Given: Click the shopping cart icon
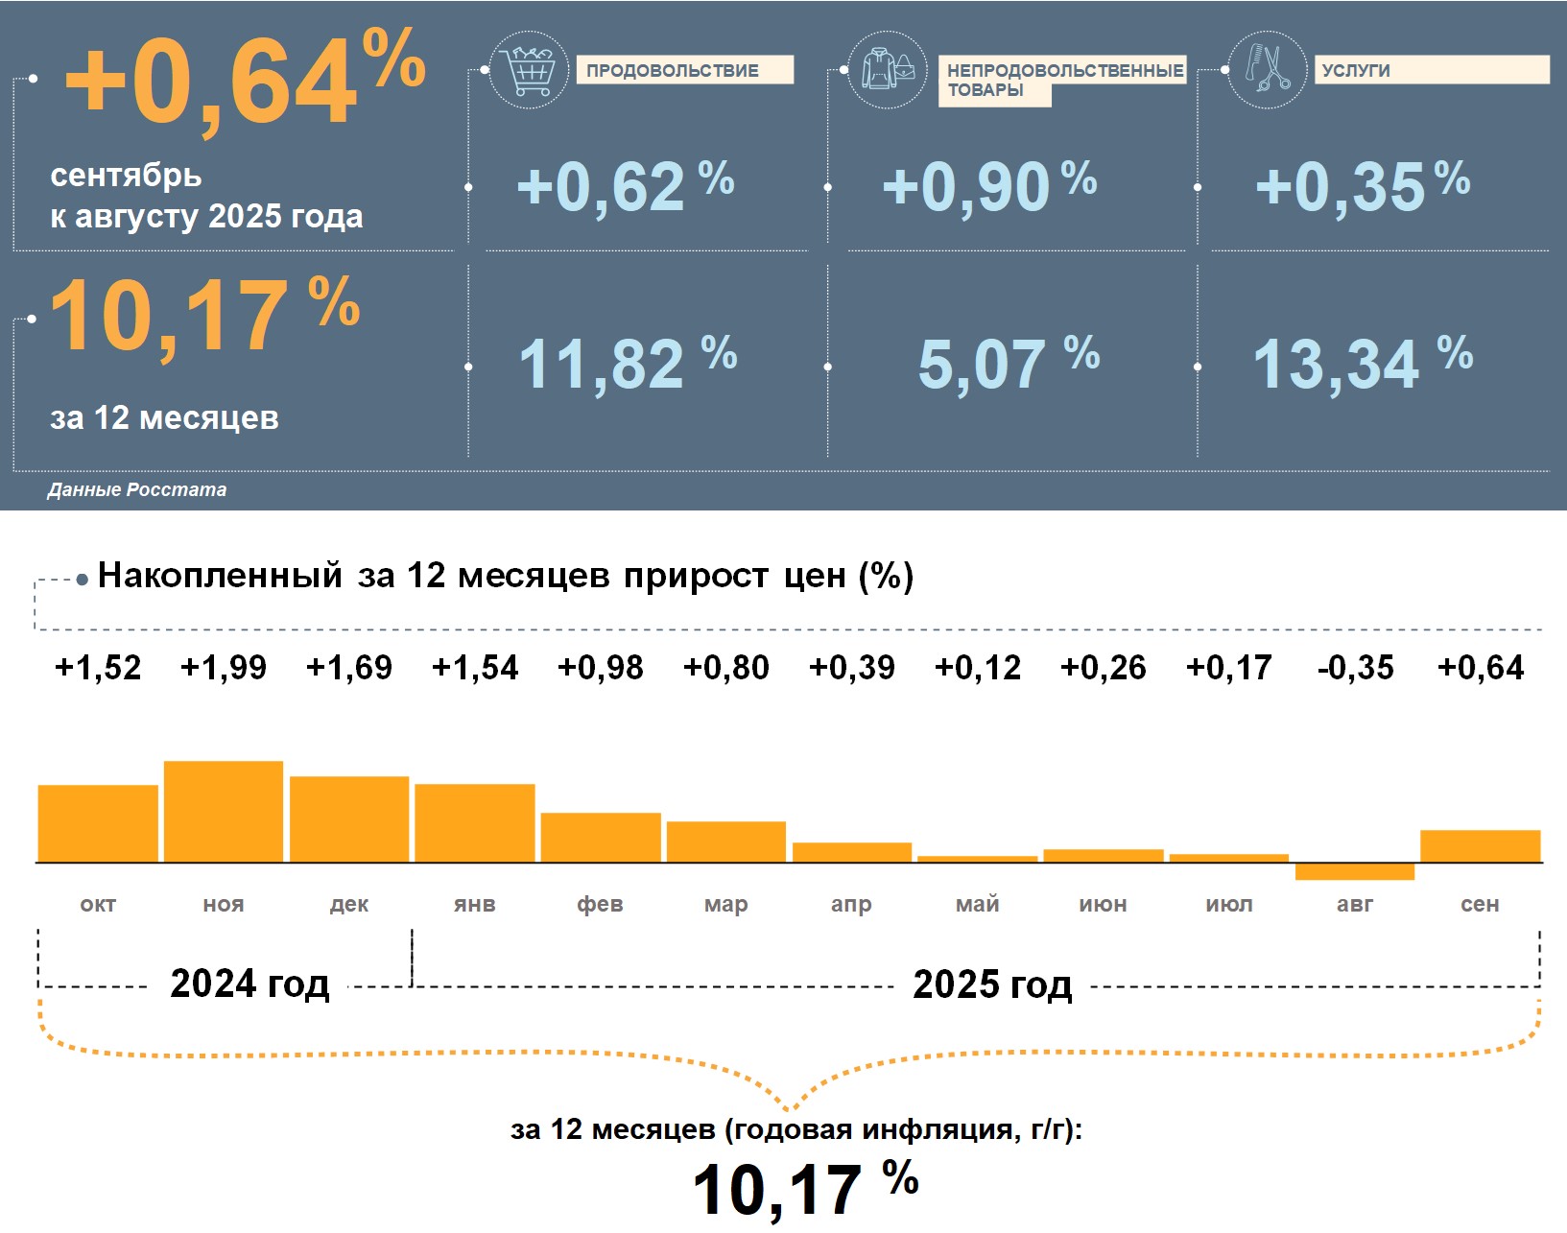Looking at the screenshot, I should point(528,69).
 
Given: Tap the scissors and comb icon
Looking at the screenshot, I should point(1268,69).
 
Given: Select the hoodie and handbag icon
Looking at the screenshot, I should point(889,69).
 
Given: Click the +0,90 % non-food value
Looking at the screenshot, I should point(988,186).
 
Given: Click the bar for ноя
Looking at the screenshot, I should point(224,812).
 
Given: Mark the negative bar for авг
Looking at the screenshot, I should point(1355,871).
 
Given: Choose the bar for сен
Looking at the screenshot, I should point(1480,846).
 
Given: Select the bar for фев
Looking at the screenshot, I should point(601,838).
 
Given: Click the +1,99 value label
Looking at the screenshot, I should point(224,668).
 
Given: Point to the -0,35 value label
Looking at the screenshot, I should point(1355,668).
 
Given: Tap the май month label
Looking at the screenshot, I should point(978,904).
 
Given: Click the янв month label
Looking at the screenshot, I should point(475,904).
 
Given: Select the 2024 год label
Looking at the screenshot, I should point(249,984).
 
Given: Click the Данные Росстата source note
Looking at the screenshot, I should point(137,490).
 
